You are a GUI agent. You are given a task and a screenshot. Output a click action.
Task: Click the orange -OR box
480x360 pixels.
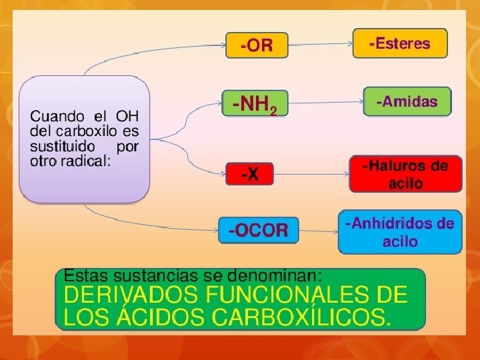257,45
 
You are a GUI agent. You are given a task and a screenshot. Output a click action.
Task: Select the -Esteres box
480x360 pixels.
399,43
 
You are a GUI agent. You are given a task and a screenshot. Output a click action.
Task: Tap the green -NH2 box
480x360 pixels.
254,104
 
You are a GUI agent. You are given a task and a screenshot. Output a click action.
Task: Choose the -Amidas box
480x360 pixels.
407,102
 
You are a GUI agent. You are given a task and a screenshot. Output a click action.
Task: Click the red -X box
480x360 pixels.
249,174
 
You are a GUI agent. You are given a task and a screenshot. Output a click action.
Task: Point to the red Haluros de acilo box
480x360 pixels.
405,174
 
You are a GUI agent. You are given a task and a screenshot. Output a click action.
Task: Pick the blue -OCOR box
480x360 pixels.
258,231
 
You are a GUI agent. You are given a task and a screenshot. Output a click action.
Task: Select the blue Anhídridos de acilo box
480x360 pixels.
400,232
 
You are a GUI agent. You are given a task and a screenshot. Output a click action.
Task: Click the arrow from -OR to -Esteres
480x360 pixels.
320,45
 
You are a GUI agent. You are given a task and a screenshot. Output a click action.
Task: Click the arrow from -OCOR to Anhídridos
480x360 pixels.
319,231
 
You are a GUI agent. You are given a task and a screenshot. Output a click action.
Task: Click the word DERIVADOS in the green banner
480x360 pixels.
127,294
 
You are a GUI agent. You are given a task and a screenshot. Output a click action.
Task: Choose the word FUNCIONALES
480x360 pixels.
287,294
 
